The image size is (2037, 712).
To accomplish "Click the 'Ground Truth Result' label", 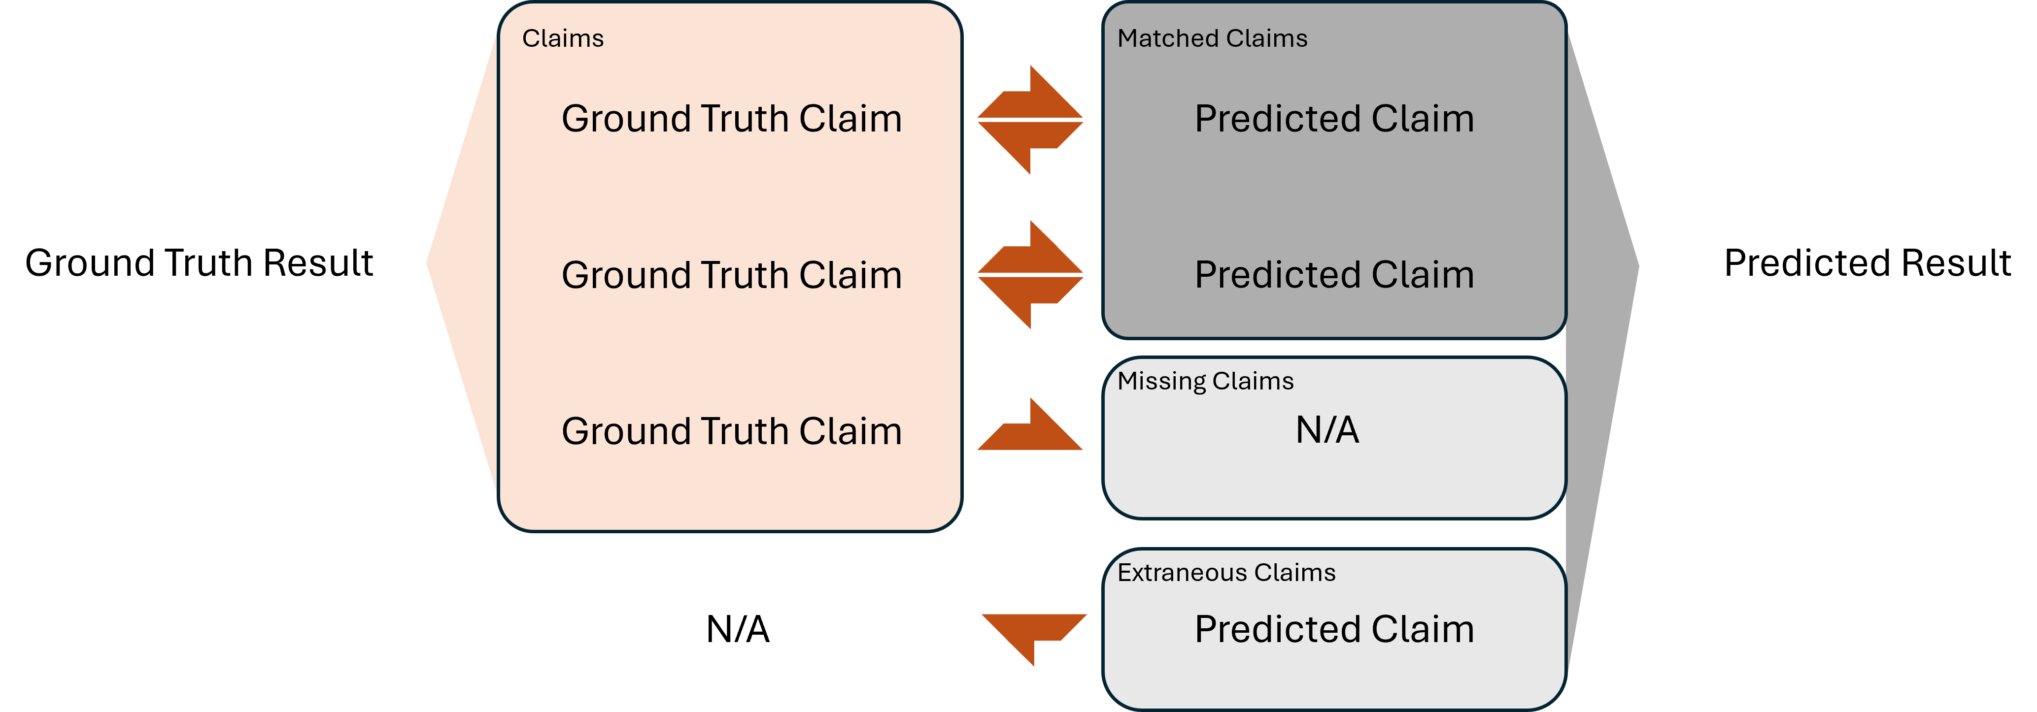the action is click(199, 263).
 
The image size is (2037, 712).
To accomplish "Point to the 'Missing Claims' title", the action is click(1205, 382).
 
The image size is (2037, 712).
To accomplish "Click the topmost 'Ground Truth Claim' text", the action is click(731, 119).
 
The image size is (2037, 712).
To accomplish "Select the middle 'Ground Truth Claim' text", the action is click(731, 275).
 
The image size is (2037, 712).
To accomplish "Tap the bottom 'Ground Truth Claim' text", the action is click(731, 431).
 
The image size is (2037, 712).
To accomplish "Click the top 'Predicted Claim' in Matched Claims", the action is click(1334, 119).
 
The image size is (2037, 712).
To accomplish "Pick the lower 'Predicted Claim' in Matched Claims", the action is click(1334, 275).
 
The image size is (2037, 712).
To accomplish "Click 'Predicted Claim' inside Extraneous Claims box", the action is click(1334, 630).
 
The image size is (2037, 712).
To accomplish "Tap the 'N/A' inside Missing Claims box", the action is click(1327, 431).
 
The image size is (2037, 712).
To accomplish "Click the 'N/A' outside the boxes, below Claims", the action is click(738, 630).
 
